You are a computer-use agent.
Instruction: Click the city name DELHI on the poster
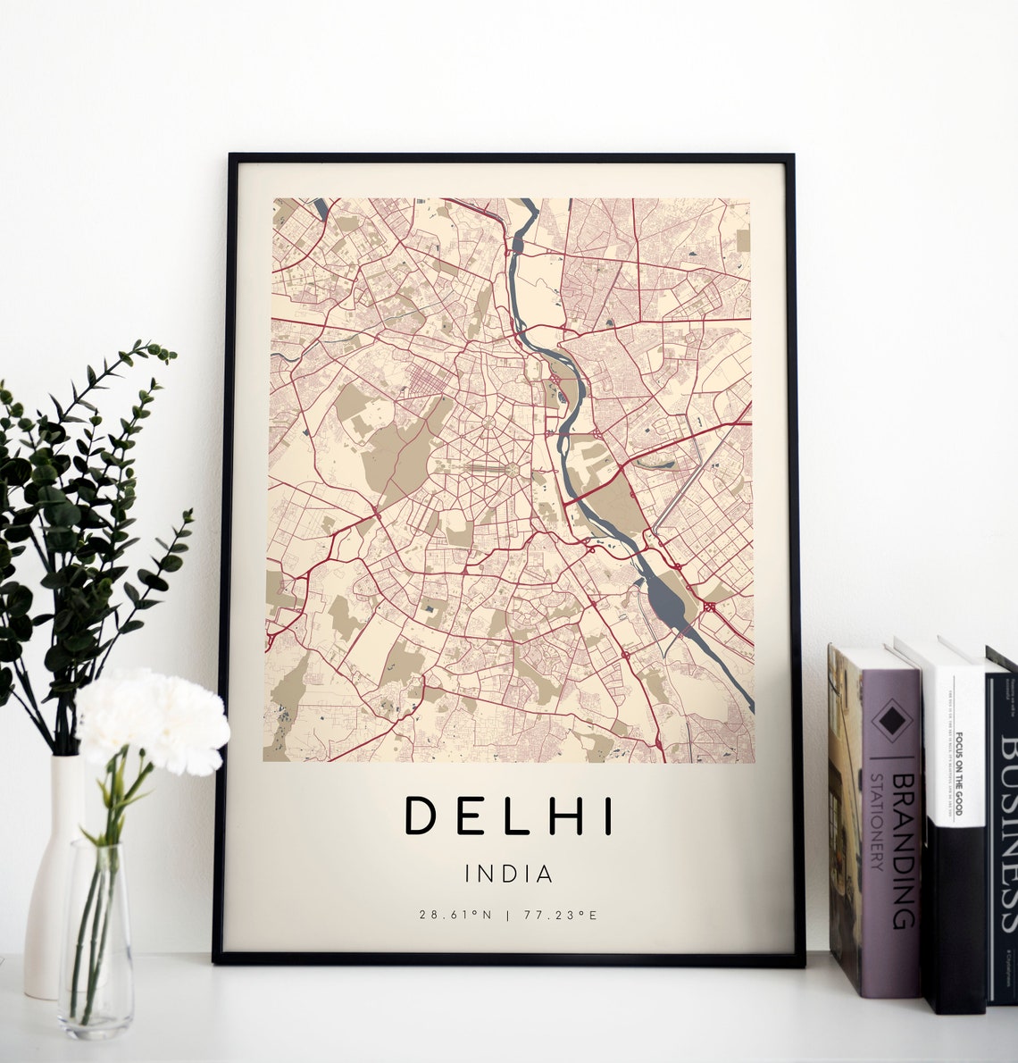click(x=509, y=816)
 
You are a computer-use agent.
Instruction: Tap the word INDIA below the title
click(x=509, y=873)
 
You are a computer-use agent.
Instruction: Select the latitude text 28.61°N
click(x=455, y=915)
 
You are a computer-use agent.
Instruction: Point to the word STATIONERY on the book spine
click(x=877, y=822)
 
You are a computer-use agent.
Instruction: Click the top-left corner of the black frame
click(x=230, y=156)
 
